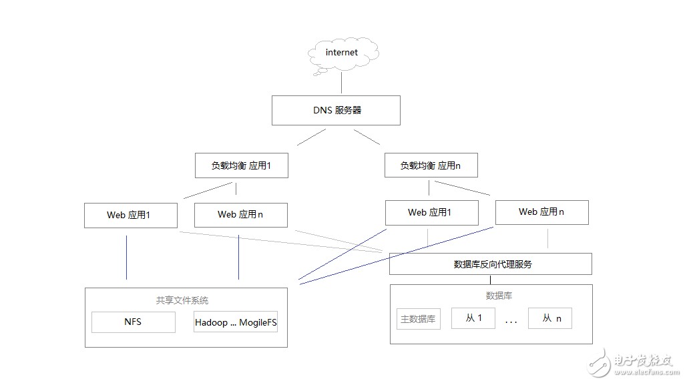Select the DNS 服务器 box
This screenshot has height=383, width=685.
click(336, 111)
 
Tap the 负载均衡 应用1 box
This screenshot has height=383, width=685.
click(242, 165)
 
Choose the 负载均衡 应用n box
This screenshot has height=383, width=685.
click(431, 165)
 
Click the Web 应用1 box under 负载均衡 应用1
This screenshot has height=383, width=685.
click(131, 216)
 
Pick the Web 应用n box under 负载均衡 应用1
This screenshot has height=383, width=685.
click(241, 215)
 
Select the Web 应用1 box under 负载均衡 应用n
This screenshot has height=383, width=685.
click(431, 213)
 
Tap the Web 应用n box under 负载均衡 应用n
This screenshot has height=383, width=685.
click(541, 212)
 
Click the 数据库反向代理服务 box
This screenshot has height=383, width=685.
click(491, 264)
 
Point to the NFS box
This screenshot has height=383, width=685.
click(134, 322)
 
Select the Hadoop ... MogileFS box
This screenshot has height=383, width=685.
click(236, 322)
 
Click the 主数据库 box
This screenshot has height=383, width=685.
click(418, 319)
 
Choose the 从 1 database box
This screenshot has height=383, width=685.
click(473, 318)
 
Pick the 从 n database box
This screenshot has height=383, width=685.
click(550, 318)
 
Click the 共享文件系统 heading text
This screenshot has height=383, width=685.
click(182, 300)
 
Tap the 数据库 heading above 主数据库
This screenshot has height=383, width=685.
click(499, 296)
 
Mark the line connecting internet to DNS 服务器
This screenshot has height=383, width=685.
click(342, 83)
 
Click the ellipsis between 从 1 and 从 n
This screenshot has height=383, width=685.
click(511, 322)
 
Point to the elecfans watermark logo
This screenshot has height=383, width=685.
click(633, 363)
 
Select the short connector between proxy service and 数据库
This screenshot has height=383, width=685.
click(490, 280)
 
